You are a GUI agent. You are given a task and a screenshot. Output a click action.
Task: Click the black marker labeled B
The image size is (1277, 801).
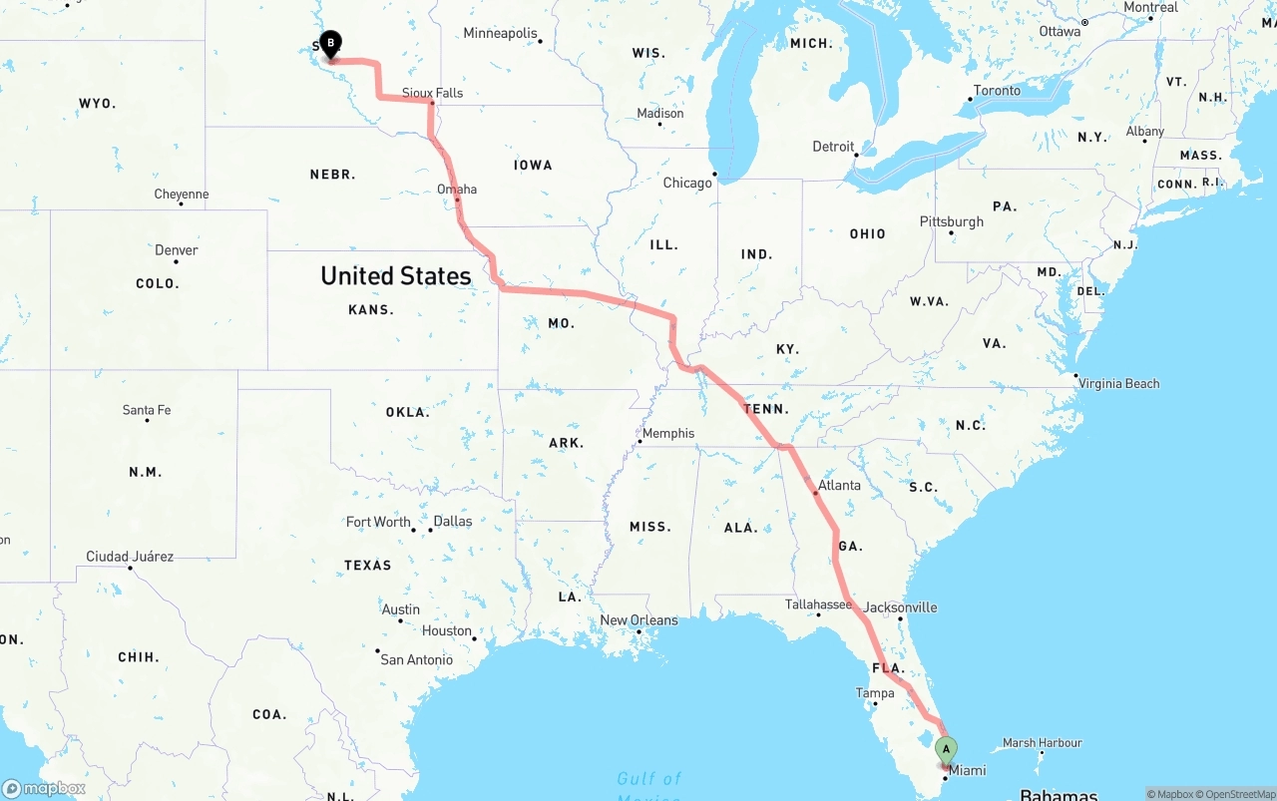pyautogui.click(x=330, y=44)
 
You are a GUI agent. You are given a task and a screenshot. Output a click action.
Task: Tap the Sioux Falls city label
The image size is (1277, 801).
pyautogui.click(x=432, y=93)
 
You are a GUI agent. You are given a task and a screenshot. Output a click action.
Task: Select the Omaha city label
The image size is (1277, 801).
pyautogui.click(x=457, y=189)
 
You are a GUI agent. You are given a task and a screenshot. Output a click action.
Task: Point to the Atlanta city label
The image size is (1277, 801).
pyautogui.click(x=839, y=485)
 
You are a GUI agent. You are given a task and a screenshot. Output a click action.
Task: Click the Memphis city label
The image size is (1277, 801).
pyautogui.click(x=668, y=433)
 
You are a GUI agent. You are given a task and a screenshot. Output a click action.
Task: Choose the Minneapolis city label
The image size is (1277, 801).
pyautogui.click(x=500, y=33)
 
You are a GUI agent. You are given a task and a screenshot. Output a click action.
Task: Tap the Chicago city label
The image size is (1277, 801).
pyautogui.click(x=687, y=183)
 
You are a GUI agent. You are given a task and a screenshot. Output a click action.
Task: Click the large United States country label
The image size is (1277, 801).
pyautogui.click(x=395, y=275)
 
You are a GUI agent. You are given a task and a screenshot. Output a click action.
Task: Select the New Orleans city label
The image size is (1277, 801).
pyautogui.click(x=638, y=619)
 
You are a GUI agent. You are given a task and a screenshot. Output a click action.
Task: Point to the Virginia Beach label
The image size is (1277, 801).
pyautogui.click(x=1118, y=383)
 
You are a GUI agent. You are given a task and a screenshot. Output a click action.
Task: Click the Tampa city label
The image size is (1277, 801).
pyautogui.click(x=875, y=692)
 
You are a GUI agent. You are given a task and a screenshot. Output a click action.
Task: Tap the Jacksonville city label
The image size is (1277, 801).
pyautogui.click(x=900, y=606)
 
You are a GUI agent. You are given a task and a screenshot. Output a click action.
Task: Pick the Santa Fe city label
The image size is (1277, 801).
pyautogui.click(x=146, y=410)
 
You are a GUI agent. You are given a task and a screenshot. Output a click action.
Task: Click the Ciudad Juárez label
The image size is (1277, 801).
pyautogui.click(x=130, y=557)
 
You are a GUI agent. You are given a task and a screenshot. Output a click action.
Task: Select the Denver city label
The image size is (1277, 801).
pyautogui.click(x=176, y=249)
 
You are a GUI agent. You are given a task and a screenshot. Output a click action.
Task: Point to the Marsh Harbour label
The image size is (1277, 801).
pyautogui.click(x=1042, y=742)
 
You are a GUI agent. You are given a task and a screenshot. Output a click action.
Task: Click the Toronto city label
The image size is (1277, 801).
pyautogui.click(x=997, y=90)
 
